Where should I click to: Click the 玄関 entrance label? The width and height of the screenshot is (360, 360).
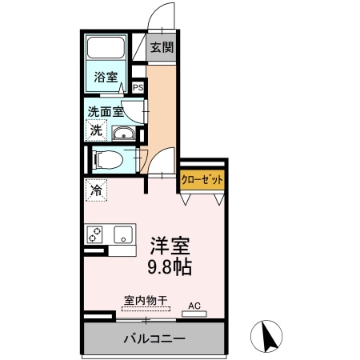point(162,47)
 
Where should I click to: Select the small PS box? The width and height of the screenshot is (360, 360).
point(138,88)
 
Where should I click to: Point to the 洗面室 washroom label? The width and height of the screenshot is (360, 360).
point(104,112)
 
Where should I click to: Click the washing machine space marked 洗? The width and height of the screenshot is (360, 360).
point(96,130)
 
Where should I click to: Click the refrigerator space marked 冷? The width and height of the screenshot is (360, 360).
point(96,191)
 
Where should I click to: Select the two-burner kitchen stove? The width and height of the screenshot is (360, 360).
point(95,234)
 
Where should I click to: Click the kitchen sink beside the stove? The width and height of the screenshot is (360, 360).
point(122,234)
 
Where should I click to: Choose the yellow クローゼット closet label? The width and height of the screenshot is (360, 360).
point(202,180)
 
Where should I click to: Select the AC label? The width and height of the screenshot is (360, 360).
point(194,305)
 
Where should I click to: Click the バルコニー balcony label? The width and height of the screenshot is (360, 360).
point(154,338)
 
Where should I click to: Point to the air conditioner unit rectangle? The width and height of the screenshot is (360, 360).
point(194,313)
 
